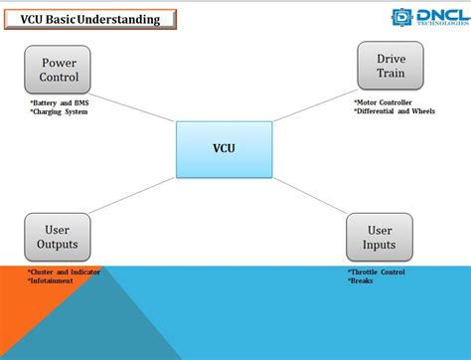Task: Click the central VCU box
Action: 224,149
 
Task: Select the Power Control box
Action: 58,70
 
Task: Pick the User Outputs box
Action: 58,237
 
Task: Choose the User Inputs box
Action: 379,237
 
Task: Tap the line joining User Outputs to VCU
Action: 134,198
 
